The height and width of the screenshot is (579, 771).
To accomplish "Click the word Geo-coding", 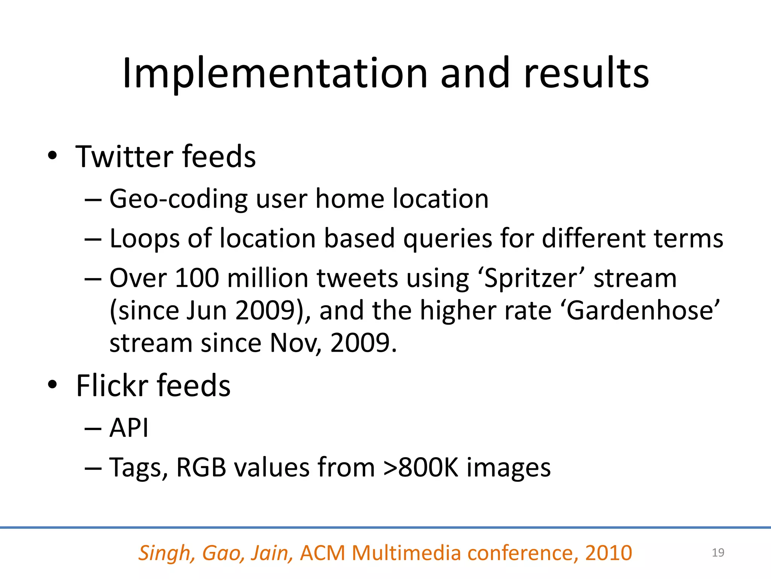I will pyautogui.click(x=178, y=199).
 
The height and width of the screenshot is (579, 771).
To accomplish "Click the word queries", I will pyautogui.click(x=448, y=239).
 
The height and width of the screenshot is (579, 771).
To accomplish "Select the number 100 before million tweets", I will pyautogui.click(x=197, y=278).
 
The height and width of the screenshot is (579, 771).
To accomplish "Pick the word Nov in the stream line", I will pyautogui.click(x=294, y=343).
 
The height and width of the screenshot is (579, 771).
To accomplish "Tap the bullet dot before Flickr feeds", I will pyautogui.click(x=52, y=385).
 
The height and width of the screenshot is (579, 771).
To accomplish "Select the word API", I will pyautogui.click(x=129, y=428).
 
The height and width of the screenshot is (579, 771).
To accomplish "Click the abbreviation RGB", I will pyautogui.click(x=201, y=467).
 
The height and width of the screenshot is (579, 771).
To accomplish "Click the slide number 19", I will pyautogui.click(x=718, y=553).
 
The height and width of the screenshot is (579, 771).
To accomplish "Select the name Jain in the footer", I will pyautogui.click(x=272, y=553).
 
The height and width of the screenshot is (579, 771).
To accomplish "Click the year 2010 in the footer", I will pyautogui.click(x=608, y=553).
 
